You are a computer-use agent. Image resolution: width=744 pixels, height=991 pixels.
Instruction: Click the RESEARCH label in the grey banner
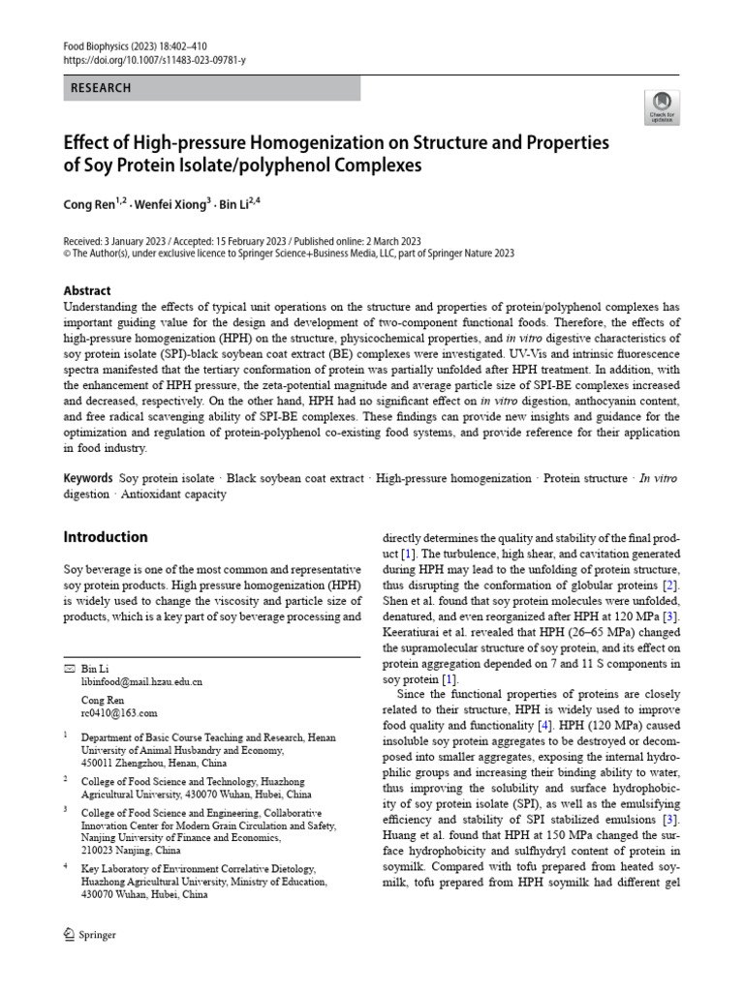102,88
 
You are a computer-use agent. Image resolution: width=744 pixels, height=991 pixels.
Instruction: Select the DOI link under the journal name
154,60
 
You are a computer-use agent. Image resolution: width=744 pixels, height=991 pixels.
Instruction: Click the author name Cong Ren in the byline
89,204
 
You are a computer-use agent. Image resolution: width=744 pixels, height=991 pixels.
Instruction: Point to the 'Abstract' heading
87,290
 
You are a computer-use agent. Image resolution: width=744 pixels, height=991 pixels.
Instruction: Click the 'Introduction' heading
106,537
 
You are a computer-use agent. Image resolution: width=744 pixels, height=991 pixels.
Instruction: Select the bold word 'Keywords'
88,478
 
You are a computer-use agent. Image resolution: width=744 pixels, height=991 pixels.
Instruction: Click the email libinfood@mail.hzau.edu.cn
141,682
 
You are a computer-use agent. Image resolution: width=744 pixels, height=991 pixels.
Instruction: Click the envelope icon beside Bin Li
68,669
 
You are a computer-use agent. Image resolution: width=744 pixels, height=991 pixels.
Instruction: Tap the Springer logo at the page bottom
89,935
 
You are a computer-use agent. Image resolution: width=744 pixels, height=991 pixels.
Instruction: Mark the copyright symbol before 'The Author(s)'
67,254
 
